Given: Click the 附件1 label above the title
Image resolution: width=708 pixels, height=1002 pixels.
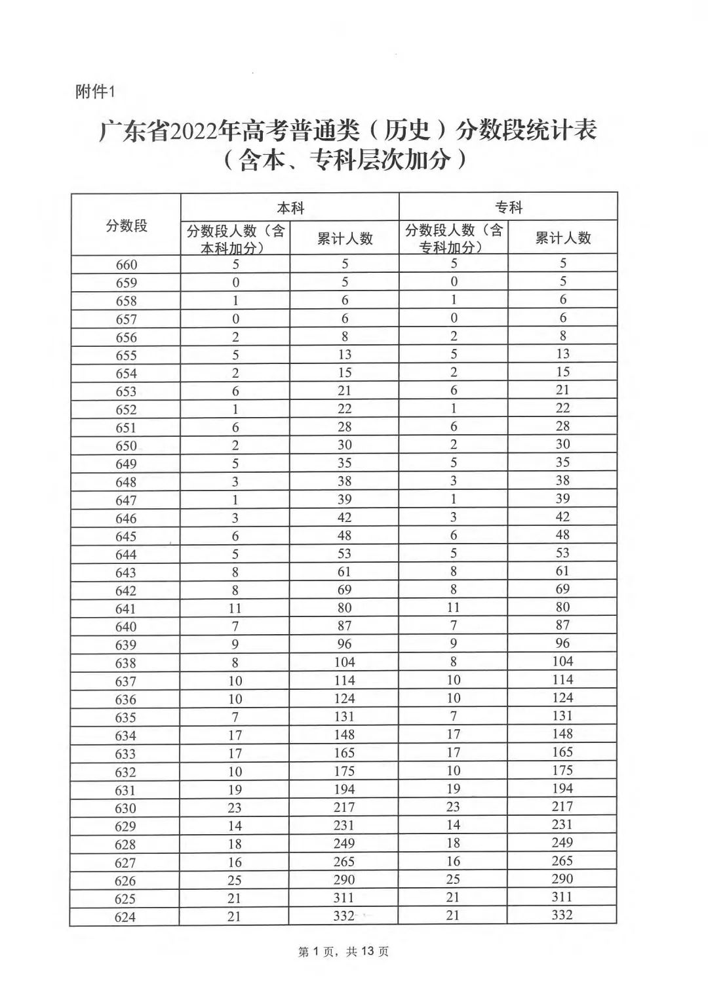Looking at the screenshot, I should coord(95,92).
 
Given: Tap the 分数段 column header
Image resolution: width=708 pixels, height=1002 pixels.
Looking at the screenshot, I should coord(126,226).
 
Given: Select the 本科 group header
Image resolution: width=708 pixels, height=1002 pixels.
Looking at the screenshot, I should coord(290,208).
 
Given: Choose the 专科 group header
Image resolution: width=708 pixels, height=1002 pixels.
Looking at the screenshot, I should coord(508,207).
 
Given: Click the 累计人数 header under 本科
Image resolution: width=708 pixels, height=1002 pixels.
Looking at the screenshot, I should coord(344,238).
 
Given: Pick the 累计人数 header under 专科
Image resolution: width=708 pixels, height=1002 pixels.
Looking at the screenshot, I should coord(562,237).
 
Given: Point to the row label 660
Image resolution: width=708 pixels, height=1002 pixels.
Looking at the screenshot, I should coord(126,265).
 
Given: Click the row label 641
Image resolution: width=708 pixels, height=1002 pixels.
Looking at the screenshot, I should coord(125,609).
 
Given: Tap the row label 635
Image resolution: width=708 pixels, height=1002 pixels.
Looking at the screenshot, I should coord(125,717).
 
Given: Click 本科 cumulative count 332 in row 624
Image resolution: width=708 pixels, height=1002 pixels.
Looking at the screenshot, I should coord(344,915).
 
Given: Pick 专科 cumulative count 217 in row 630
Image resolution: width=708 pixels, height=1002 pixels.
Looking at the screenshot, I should coord(562,807).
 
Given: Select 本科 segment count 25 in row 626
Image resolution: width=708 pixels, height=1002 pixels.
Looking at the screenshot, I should coord(235,880).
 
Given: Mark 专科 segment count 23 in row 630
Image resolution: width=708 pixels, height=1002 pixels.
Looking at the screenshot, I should coord(452,807).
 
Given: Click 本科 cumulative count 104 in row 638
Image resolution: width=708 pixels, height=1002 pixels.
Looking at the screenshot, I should coord(344,662).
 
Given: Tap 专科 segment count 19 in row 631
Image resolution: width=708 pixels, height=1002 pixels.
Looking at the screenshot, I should coord(452,789).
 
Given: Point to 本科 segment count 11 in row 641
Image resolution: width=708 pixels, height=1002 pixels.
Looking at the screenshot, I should coord(235,608).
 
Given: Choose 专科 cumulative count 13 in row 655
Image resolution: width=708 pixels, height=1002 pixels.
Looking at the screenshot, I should coord(562,354).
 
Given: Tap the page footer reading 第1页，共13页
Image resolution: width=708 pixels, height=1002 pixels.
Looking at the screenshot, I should coord(344,951).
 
